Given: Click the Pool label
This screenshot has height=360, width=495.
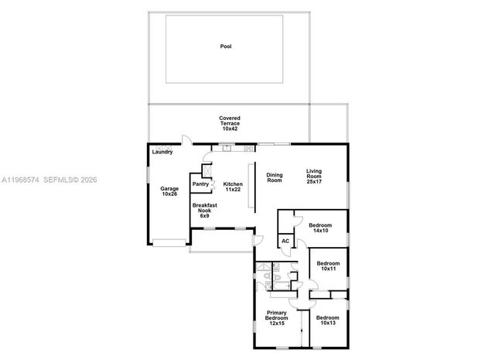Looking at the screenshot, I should (226, 46).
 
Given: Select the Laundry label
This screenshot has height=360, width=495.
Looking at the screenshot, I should (162, 152).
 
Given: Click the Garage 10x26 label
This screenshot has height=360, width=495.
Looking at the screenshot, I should (169, 190).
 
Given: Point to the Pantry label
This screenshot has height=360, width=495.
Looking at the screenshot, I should (200, 184).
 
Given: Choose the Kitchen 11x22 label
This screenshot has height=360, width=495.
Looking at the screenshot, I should (233, 187).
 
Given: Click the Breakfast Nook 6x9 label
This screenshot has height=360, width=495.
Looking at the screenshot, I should (204, 210).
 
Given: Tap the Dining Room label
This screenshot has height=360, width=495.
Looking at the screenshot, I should (275, 177).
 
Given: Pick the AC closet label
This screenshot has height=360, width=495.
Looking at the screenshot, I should (285, 241).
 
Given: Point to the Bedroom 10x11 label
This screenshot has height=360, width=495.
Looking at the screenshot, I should (329, 266).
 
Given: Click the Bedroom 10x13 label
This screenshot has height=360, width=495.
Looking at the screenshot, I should (327, 320).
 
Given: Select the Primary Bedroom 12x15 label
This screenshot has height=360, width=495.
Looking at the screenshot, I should (276, 318).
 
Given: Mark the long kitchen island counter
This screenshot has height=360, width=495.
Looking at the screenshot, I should (250, 186).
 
